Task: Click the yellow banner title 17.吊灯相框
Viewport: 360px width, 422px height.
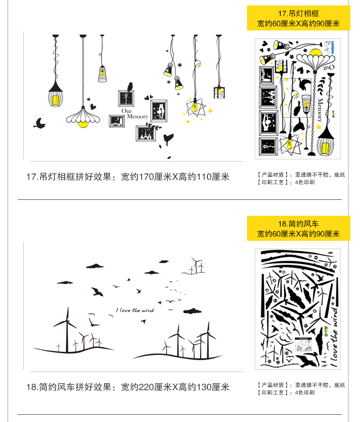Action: coord(298,13)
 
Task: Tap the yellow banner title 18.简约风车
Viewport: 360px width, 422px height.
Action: coord(298,224)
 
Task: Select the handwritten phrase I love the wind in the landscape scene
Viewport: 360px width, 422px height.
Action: coord(135,310)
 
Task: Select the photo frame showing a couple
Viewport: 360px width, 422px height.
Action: coord(159,111)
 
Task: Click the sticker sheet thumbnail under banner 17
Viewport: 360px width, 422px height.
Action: coord(298,98)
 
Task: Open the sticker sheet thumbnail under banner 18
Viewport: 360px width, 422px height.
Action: coord(298,309)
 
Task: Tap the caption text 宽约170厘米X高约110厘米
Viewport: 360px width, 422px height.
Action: coord(175,177)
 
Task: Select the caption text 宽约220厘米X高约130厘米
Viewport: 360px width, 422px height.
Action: coord(175,387)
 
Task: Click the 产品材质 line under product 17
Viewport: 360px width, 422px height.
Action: coord(301,174)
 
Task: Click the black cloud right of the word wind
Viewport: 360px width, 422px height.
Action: coord(192,311)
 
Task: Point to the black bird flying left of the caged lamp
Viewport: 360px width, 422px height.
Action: coord(40,123)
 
